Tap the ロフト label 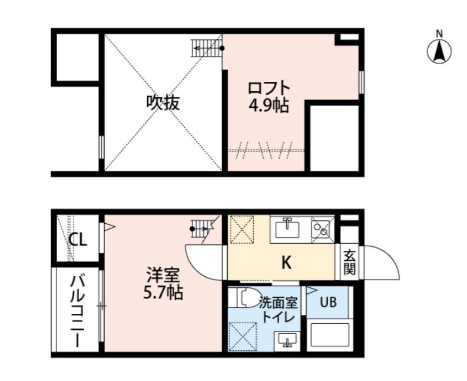click(x=269, y=88)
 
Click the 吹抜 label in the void click(x=163, y=103)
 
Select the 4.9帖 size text click(x=269, y=105)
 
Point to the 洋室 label click(x=163, y=275)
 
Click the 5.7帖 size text click(x=163, y=293)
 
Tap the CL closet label click(x=78, y=239)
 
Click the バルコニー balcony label click(x=77, y=312)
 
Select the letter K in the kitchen click(x=286, y=263)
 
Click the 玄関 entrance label click(x=350, y=263)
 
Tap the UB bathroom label click(x=328, y=302)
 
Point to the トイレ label click(x=278, y=317)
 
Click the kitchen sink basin click(x=287, y=229)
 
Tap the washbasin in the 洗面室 click(x=287, y=340)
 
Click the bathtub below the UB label click(x=329, y=334)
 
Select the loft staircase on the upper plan click(x=207, y=48)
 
